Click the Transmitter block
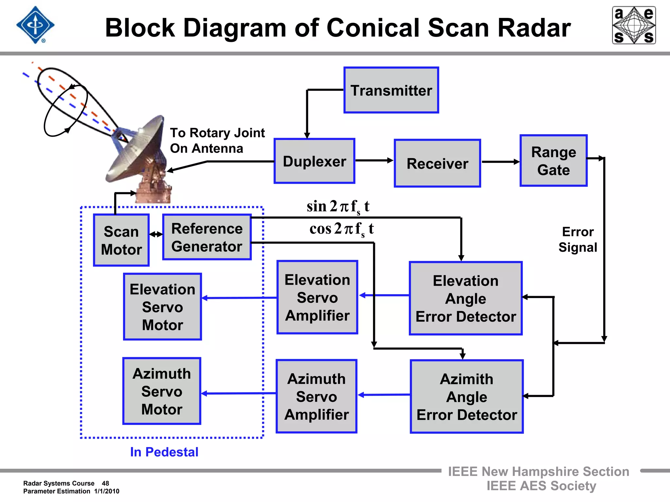click(x=391, y=90)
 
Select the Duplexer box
click(x=314, y=161)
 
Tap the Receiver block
click(x=437, y=163)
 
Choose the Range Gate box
click(x=553, y=161)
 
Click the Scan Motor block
click(x=121, y=240)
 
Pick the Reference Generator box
click(x=207, y=237)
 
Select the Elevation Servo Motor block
click(x=162, y=307)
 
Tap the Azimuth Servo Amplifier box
click(x=316, y=396)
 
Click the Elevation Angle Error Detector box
click(x=466, y=298)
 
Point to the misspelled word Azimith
click(x=466, y=379)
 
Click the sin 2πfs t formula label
click(x=338, y=207)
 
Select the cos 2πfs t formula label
click(x=341, y=229)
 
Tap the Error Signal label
click(x=577, y=240)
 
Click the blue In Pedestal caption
click(x=164, y=452)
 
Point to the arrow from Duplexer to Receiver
click(x=374, y=160)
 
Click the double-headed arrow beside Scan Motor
click(x=156, y=234)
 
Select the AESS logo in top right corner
click(x=634, y=25)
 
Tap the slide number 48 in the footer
click(x=105, y=483)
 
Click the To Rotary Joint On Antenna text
click(x=217, y=141)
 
